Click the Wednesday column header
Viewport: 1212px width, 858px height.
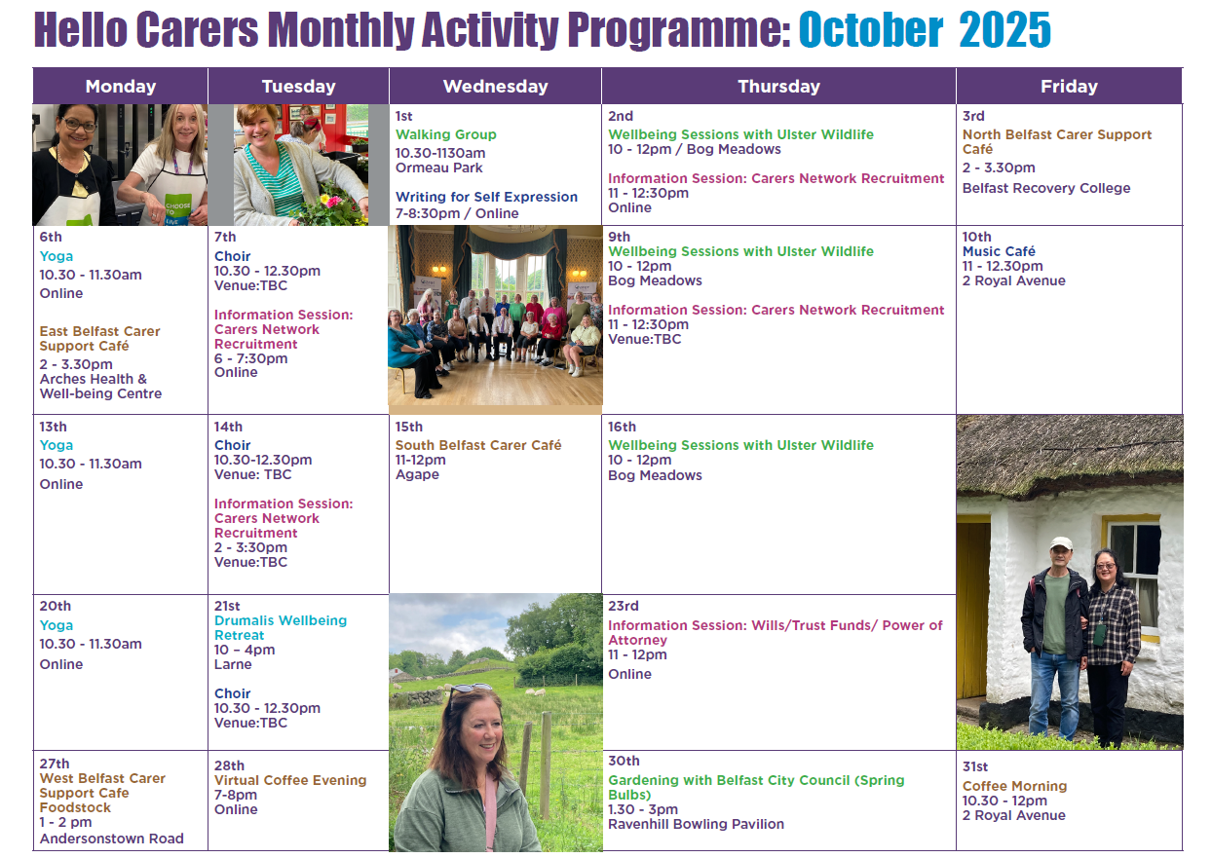point(495,87)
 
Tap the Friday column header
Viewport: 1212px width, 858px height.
point(1069,87)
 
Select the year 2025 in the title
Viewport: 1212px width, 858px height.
point(1004,30)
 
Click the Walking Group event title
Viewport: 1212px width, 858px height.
point(446,134)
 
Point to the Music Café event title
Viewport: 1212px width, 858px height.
point(999,251)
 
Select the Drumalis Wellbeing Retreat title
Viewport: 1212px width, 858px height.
point(281,627)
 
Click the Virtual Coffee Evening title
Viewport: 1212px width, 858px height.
point(290,780)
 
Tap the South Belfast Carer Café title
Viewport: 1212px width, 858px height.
point(478,445)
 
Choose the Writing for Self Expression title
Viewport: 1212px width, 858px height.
point(486,197)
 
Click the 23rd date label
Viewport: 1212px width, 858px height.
point(624,606)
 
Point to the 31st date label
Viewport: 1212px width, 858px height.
point(975,766)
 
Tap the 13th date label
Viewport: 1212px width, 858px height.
point(53,427)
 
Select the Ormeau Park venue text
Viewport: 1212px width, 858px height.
point(438,168)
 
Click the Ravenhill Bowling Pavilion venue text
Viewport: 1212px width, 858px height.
point(696,824)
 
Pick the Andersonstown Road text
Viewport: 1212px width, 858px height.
point(111,839)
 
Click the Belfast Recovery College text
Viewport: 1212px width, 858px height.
point(1046,188)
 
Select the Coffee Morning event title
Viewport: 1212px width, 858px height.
point(1014,786)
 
